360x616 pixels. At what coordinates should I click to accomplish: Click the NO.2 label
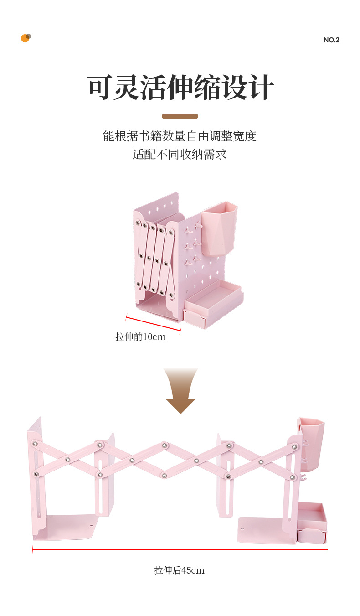coord(331,40)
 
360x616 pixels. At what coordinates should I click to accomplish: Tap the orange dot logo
coord(26,38)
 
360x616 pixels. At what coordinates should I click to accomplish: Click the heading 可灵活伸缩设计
coord(180,88)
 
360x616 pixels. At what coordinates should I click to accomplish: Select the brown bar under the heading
coord(180,116)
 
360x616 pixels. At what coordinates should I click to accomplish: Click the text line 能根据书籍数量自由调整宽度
coord(180,136)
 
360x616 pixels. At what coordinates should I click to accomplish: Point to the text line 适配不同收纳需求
coord(180,155)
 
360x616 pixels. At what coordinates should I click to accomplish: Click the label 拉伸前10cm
coord(140,337)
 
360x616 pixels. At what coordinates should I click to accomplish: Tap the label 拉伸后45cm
coord(179,570)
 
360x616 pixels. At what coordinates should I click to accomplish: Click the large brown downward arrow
coord(181,390)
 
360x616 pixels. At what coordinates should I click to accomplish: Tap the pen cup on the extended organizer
coord(311,442)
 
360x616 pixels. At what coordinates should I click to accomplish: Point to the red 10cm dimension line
coord(153,323)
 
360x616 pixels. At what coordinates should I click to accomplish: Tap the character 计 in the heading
coord(261,88)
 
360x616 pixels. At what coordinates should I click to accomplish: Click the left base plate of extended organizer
coord(71,527)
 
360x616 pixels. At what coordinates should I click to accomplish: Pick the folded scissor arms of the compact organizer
coord(155,258)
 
